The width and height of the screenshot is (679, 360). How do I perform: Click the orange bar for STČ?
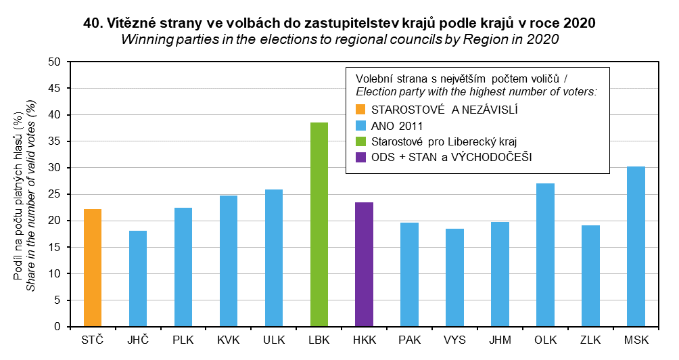93,268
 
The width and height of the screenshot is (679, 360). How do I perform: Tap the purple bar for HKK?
364,265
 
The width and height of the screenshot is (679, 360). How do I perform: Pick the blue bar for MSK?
636,246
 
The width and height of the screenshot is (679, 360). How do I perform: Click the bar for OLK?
545,255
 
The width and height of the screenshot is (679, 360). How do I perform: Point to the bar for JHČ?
138,279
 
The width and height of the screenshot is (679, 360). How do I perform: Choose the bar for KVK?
229,261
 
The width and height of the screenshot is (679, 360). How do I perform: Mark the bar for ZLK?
590,276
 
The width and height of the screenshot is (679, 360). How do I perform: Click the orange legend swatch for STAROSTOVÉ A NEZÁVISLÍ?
360,108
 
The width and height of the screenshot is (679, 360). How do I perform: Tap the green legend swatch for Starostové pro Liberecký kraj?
360,141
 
